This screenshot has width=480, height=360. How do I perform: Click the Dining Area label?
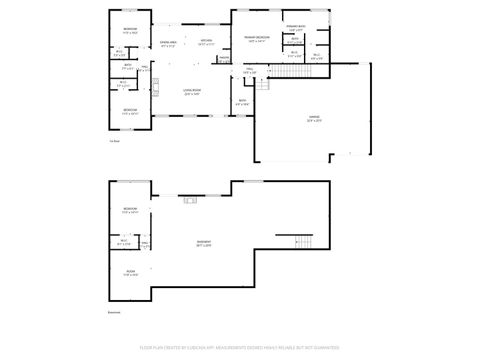click(x=169, y=44)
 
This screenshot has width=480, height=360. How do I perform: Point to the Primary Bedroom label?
click(x=257, y=39)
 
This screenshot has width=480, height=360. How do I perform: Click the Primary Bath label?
click(x=294, y=27)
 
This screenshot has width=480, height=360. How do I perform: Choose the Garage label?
click(x=314, y=119)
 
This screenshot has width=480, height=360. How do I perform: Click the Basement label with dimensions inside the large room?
click(x=203, y=244)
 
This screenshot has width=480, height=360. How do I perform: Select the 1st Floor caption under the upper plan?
click(x=114, y=141)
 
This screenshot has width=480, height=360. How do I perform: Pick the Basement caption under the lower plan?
click(x=114, y=312)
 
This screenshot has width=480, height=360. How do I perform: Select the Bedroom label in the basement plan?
click(x=130, y=210)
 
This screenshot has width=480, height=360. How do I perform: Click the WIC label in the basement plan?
click(x=125, y=242)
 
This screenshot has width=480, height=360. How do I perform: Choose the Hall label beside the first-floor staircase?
click(x=250, y=71)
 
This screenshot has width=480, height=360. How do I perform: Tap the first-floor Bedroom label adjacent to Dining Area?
click(x=130, y=32)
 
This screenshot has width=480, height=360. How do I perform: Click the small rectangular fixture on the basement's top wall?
click(x=188, y=197)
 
